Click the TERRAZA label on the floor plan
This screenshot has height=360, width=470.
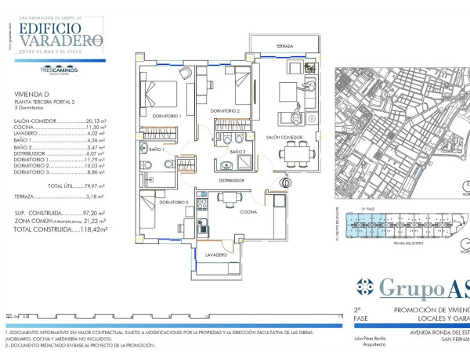(x=284, y=47)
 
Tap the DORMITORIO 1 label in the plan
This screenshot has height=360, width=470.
(x=167, y=116)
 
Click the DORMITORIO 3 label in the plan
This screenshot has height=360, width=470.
(x=173, y=202)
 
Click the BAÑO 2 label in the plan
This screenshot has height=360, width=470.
(x=237, y=151)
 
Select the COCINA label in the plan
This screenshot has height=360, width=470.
(x=247, y=211)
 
